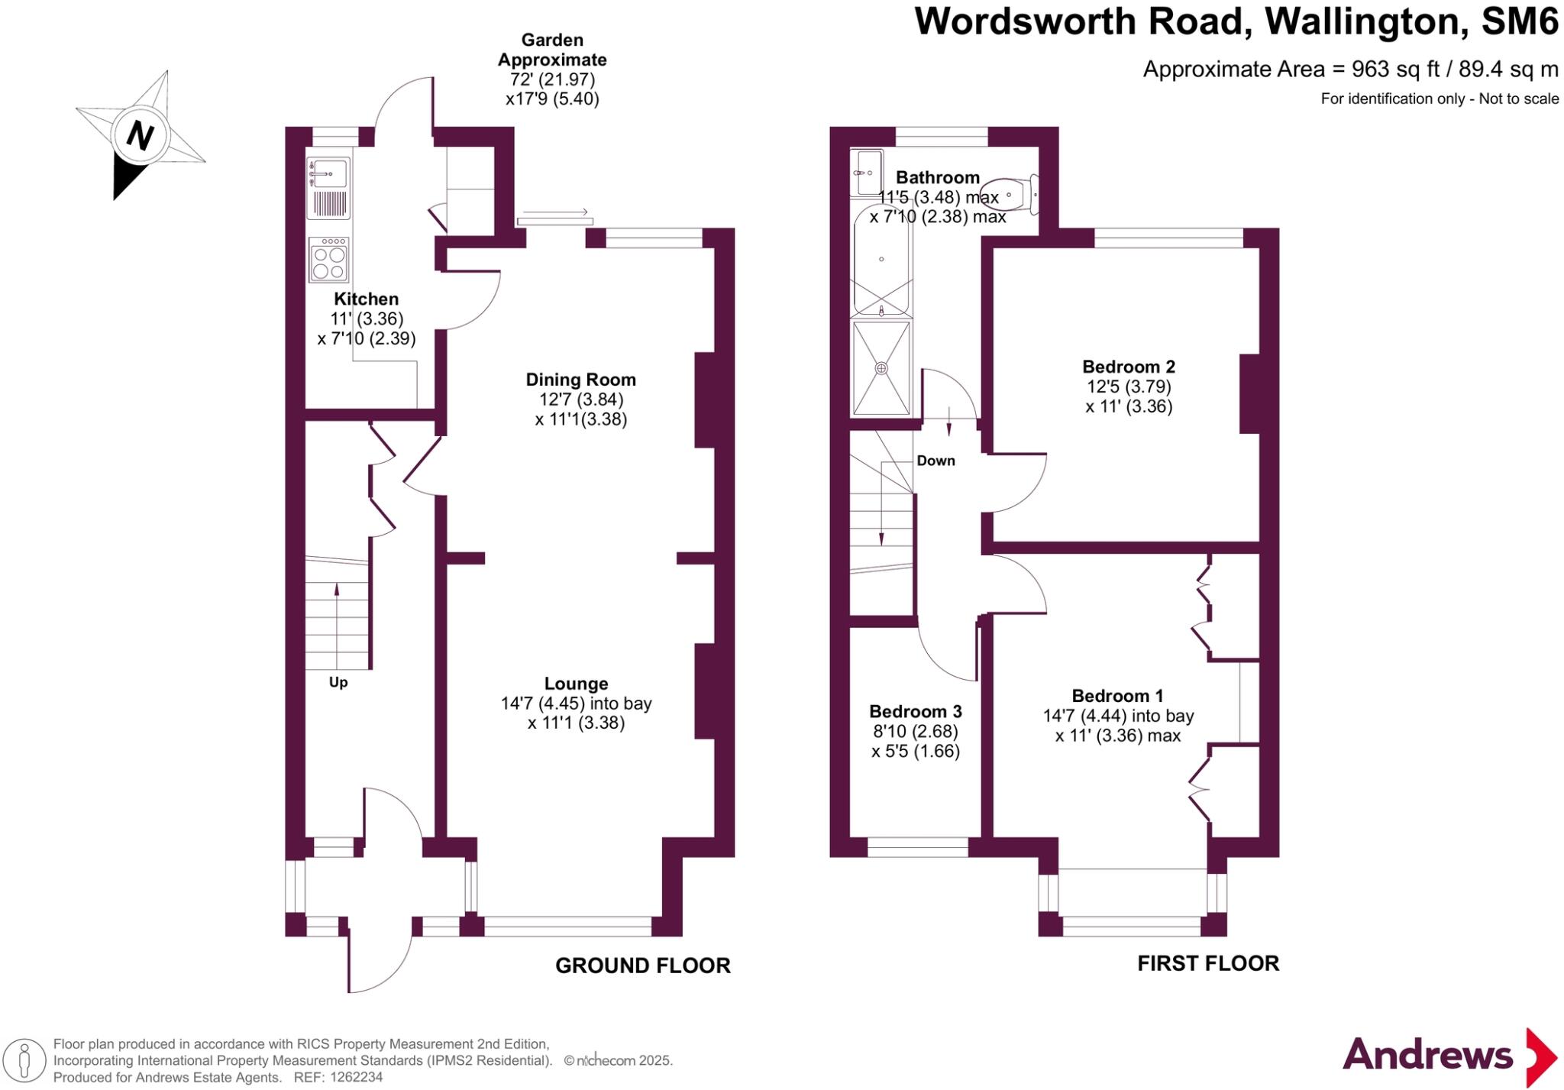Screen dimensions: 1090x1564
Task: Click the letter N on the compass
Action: click(140, 135)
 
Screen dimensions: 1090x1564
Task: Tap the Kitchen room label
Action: click(366, 299)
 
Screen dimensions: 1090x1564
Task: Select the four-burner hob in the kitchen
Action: click(329, 260)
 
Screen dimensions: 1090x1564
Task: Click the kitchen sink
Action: click(328, 173)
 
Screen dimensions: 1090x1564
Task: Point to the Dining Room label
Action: click(580, 380)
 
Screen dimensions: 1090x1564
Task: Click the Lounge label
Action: click(576, 684)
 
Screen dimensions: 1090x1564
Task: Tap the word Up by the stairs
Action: click(338, 682)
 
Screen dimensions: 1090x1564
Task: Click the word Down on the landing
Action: click(935, 461)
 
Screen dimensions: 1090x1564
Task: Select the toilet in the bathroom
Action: click(1010, 195)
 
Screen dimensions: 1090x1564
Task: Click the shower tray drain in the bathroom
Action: click(881, 368)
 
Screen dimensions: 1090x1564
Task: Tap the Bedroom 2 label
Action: click(1128, 367)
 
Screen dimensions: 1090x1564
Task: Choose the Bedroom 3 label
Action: click(915, 711)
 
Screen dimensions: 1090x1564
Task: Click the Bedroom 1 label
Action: click(1117, 696)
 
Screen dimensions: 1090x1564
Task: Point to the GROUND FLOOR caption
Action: click(642, 965)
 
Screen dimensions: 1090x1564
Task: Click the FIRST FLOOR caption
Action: click(1208, 963)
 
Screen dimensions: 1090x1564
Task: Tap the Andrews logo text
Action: click(1427, 1056)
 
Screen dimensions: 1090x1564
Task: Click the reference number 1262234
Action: click(356, 1078)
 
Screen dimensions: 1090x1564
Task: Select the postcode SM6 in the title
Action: click(1520, 21)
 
